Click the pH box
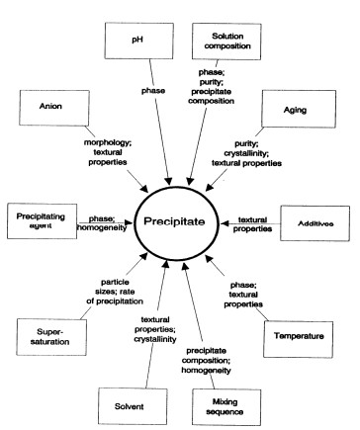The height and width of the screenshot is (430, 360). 139,41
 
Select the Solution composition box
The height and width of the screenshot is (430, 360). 226,42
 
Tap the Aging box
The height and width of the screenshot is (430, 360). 299,109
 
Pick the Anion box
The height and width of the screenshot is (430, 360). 54,108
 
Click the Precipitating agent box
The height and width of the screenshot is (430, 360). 42,221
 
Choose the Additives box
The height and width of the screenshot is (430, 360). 315,223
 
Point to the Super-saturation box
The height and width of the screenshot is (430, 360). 51,337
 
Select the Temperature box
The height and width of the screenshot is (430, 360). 299,339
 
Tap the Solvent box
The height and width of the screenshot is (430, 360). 133,406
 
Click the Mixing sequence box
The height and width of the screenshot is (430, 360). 226,407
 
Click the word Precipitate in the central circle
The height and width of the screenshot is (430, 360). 174,221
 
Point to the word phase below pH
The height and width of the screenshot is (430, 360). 153,90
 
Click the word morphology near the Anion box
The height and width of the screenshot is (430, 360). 106,142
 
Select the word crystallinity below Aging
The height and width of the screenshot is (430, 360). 246,153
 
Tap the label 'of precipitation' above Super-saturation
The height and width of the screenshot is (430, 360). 115,301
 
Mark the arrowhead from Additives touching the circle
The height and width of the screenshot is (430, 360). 225,223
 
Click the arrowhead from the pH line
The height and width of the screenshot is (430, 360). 168,181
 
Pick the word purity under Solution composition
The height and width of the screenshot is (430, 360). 210,82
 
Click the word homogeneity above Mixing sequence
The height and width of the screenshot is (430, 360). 206,371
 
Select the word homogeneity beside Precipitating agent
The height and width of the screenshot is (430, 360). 102,227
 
